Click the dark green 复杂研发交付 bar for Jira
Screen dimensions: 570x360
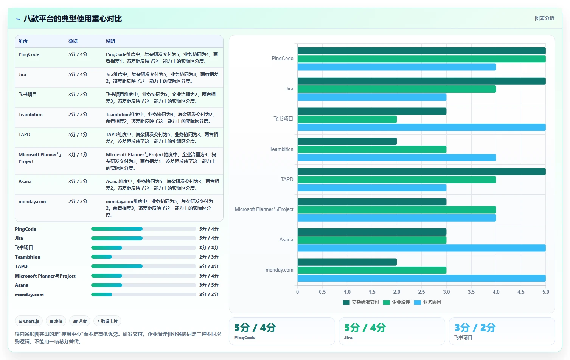click(421, 81)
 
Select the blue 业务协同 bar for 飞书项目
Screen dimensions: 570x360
click(421, 127)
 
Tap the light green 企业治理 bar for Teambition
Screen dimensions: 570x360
click(372, 149)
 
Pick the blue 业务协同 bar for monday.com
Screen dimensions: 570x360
click(421, 278)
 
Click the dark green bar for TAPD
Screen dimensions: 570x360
click(421, 171)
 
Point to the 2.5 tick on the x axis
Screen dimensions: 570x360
click(421, 292)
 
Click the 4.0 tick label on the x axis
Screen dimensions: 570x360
click(496, 292)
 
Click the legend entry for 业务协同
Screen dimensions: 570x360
click(428, 302)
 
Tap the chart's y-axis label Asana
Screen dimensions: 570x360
click(286, 240)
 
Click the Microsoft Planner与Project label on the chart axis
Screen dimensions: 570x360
click(264, 209)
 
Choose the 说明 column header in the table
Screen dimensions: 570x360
click(110, 42)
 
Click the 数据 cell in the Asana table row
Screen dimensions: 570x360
click(78, 182)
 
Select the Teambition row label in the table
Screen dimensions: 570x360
click(31, 115)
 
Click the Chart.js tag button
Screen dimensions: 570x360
click(29, 321)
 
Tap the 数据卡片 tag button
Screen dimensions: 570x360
click(107, 321)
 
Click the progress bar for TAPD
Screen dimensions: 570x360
click(143, 266)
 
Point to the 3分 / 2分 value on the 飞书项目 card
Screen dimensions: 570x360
click(475, 328)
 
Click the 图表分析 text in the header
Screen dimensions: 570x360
click(544, 18)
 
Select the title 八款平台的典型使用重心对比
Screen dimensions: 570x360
click(73, 19)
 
